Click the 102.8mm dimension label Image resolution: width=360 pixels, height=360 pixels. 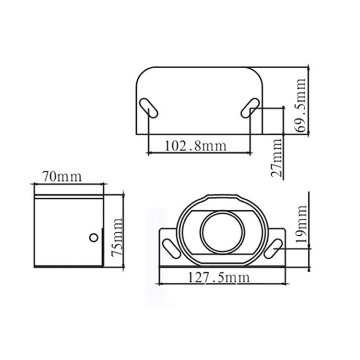(x=195, y=145)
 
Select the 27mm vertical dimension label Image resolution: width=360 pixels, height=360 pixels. (x=277, y=157)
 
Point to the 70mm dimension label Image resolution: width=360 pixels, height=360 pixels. (x=61, y=176)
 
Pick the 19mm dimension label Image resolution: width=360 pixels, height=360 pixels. (x=301, y=225)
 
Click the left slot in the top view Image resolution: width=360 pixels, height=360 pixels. (x=148, y=108)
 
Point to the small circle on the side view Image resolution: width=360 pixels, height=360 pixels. (x=94, y=237)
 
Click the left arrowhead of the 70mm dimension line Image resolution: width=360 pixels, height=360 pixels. (x=35, y=183)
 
